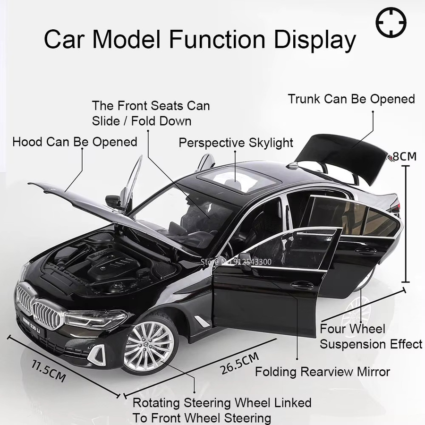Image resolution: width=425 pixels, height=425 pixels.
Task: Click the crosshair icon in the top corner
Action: point(391,22)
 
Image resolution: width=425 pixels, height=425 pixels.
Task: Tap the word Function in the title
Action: point(217,40)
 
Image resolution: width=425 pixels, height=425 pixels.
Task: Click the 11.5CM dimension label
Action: point(49,370)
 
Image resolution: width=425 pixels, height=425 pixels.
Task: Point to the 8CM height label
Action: point(404,156)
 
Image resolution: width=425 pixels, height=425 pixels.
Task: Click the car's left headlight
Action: point(95,319)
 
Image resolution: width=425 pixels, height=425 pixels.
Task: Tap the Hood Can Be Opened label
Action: point(75,142)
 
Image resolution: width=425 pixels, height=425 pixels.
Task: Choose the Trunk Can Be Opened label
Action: point(351,99)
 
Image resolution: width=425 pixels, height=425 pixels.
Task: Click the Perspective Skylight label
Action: point(236,143)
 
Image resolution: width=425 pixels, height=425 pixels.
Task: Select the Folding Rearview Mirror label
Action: point(323,372)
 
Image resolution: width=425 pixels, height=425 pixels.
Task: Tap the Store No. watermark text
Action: point(236,262)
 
